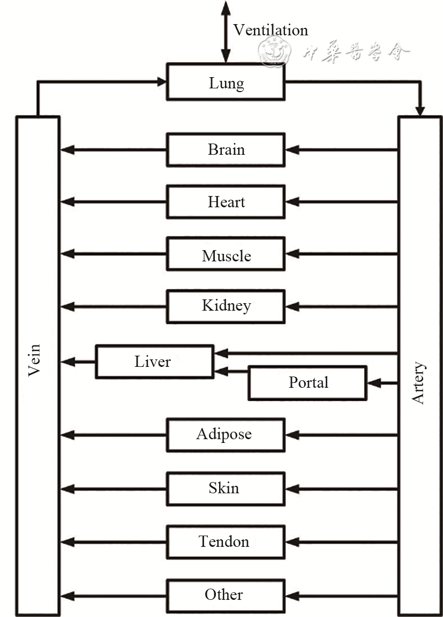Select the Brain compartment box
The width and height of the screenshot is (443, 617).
tap(226, 149)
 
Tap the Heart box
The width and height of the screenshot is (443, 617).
tap(226, 202)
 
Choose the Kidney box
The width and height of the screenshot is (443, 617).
tap(226, 306)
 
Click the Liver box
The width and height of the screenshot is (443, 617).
tap(154, 362)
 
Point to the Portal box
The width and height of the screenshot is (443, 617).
tap(307, 383)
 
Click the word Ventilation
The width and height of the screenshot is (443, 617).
tap(271, 30)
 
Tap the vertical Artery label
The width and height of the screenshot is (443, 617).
tap(418, 383)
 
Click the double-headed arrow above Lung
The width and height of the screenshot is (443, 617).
tap(226, 32)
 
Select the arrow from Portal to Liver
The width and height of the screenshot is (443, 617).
tap(231, 371)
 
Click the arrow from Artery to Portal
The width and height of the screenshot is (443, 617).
tap(382, 383)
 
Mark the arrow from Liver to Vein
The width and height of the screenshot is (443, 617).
tap(78, 362)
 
